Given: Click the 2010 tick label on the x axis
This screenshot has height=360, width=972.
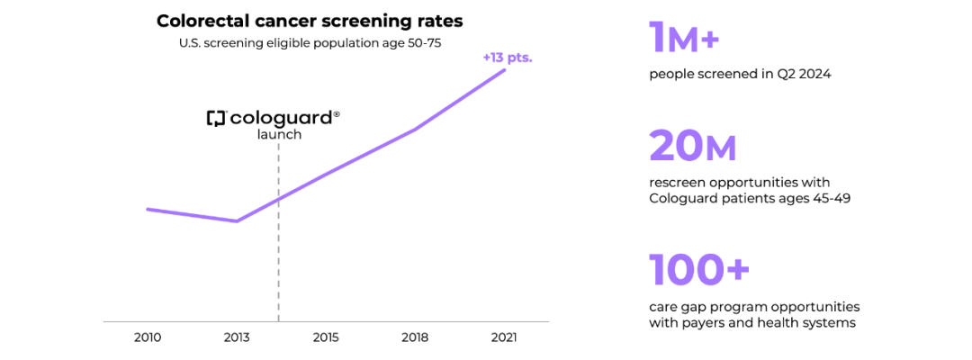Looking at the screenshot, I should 148,337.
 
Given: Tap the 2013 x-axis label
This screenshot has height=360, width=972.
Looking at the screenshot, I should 237,337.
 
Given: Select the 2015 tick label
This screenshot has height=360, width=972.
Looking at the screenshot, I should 326,337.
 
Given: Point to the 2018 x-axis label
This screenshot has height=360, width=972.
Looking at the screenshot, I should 415,337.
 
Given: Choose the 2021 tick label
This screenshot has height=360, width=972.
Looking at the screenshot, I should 504,337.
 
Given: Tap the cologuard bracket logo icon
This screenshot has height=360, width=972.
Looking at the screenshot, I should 215,118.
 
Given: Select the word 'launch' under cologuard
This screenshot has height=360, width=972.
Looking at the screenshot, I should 279,135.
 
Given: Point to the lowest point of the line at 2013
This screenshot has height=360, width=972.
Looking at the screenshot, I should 237,220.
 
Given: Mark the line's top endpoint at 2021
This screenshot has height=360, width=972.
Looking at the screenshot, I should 504,69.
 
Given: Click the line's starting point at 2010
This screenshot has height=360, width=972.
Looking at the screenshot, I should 148,209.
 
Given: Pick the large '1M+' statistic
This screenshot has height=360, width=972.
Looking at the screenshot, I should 685,39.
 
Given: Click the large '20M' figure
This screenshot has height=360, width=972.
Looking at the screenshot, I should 693,146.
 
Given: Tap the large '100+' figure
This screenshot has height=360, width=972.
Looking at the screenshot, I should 699,270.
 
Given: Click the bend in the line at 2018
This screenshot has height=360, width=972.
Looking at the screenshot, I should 415,130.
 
